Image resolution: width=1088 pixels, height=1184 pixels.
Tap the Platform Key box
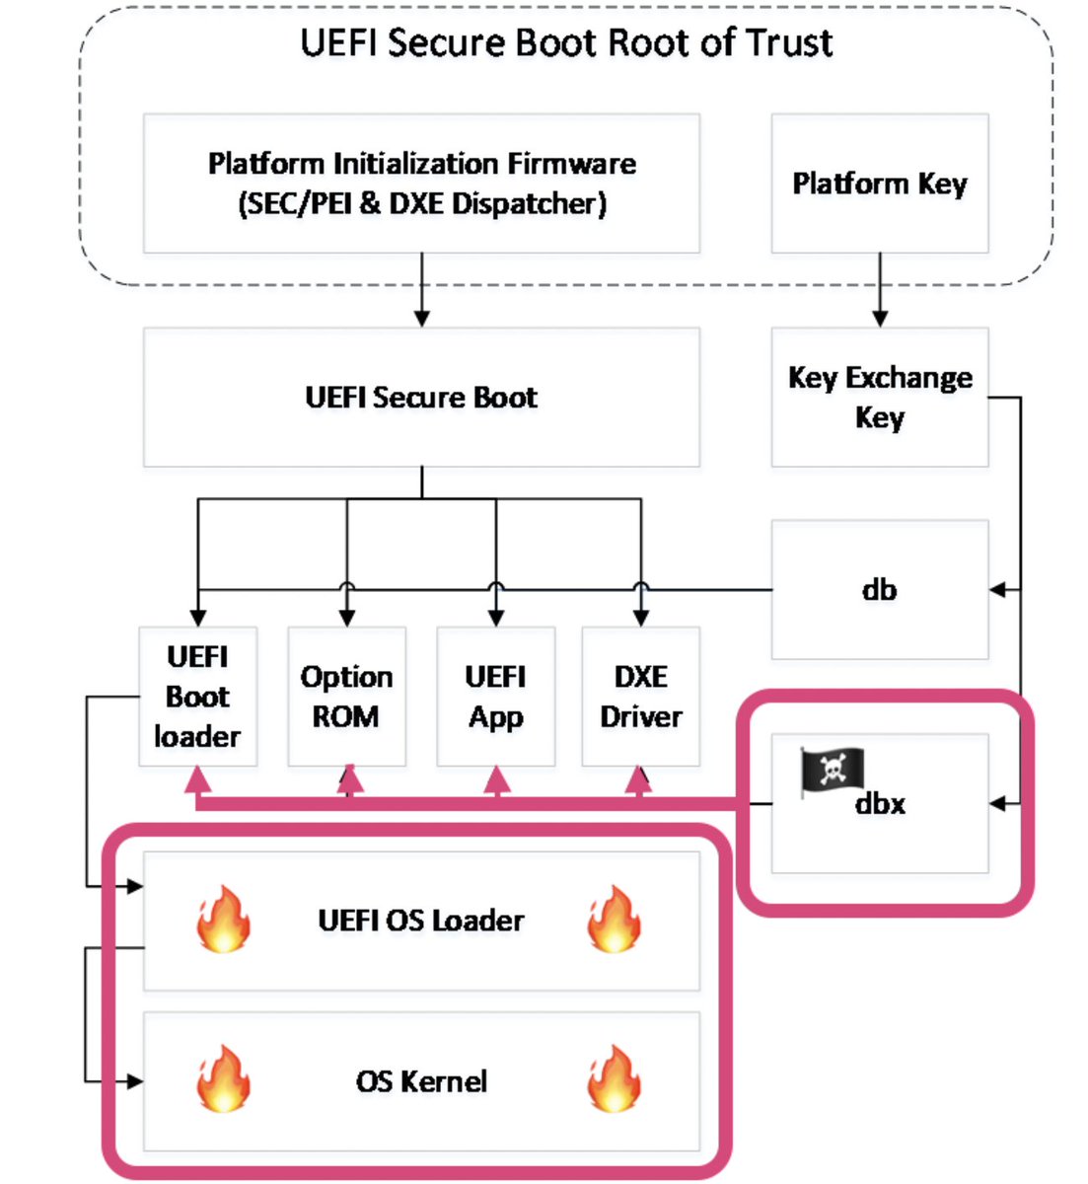[879, 184]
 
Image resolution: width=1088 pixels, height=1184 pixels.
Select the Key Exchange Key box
[879, 397]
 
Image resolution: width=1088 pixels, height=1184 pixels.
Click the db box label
[879, 590]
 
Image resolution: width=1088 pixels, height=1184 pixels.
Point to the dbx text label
[880, 804]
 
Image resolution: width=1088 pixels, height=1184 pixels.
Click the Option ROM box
[346, 697]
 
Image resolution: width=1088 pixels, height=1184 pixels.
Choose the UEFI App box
[495, 697]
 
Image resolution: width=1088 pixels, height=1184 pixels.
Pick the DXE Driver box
[640, 697]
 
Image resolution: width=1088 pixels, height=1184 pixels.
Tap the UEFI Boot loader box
[197, 697]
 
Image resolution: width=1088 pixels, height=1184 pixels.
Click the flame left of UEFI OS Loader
[223, 919]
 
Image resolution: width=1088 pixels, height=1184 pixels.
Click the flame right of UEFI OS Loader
[614, 919]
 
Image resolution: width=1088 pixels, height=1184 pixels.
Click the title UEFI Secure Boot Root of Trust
[566, 42]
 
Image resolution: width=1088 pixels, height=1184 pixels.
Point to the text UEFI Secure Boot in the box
[421, 398]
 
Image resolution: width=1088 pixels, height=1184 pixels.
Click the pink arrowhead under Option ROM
[350, 780]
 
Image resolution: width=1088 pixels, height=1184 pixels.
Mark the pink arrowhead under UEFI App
[497, 780]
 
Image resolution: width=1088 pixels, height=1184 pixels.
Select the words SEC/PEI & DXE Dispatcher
[421, 204]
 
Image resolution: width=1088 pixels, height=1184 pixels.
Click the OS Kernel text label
[421, 1081]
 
